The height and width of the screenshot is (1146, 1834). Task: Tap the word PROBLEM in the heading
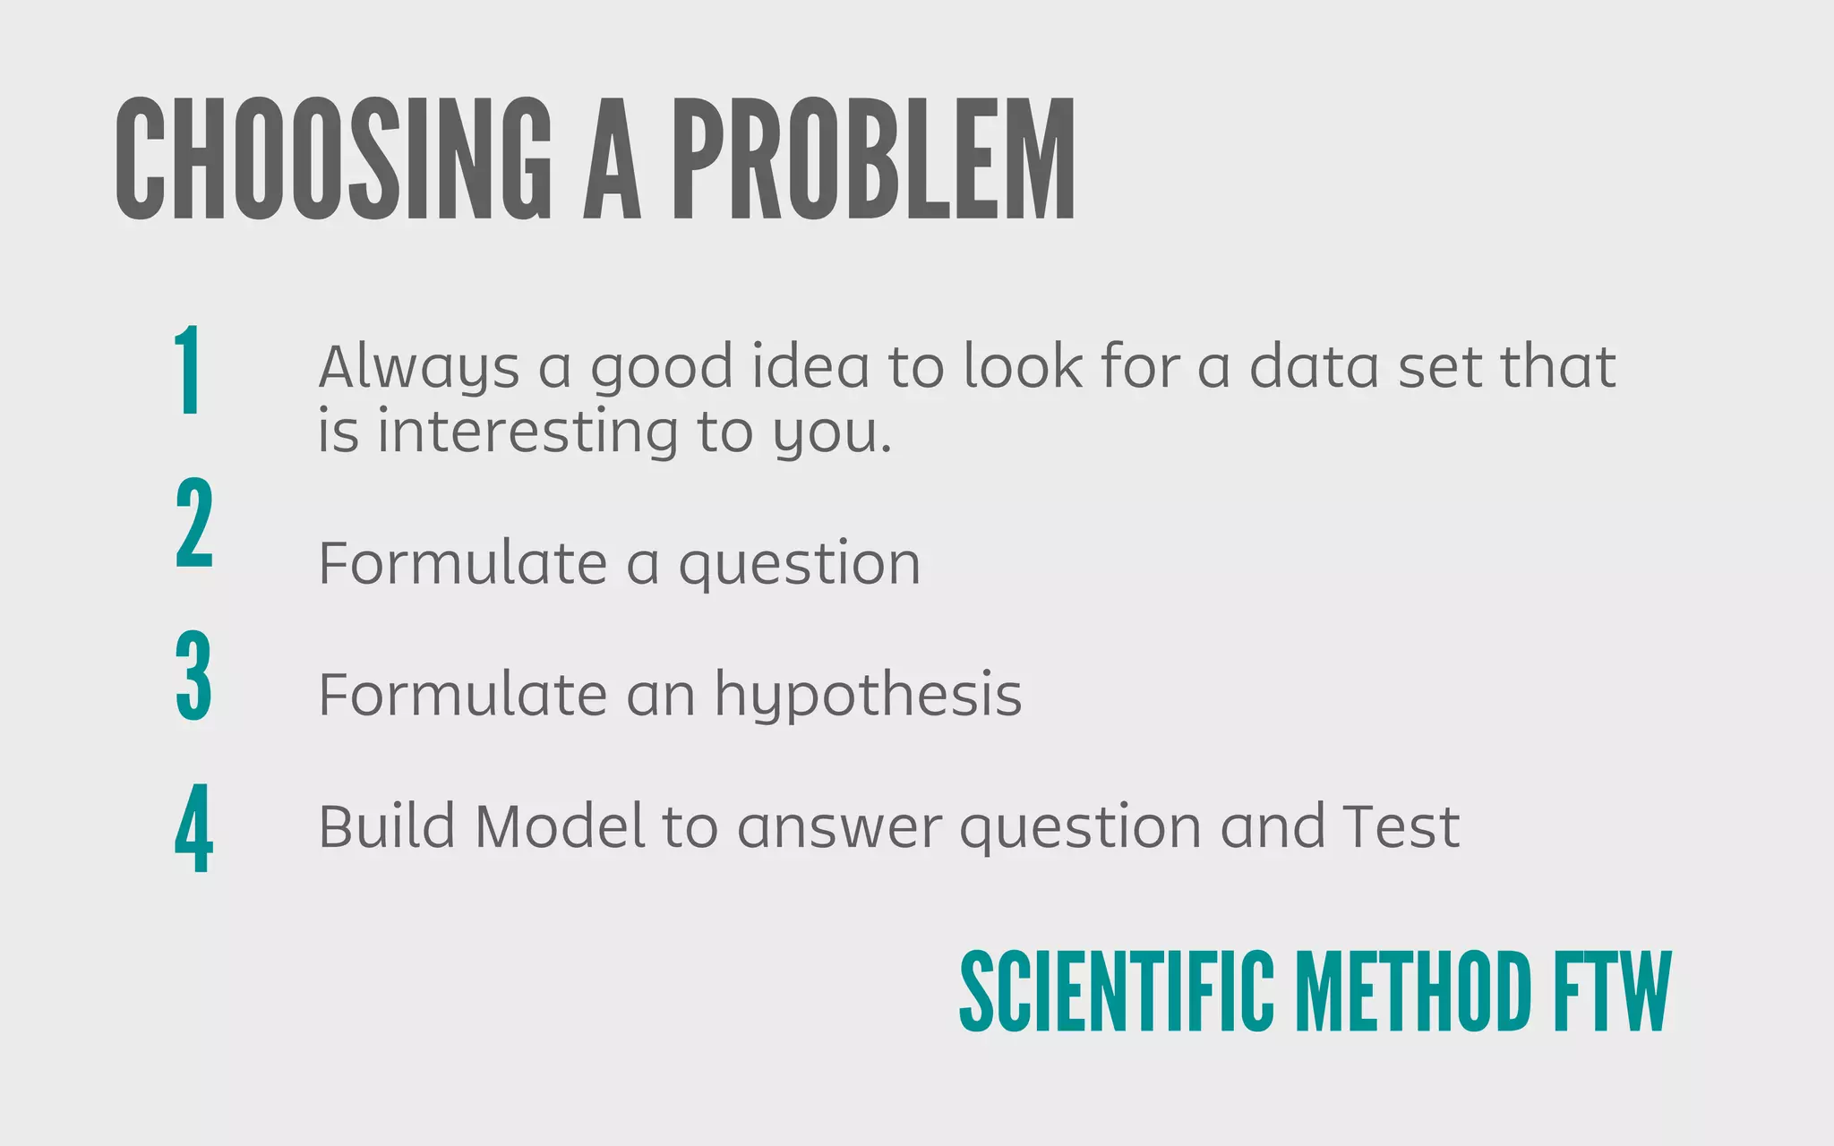tap(874, 159)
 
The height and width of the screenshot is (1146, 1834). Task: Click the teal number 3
tap(193, 676)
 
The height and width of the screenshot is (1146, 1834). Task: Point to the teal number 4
tap(194, 828)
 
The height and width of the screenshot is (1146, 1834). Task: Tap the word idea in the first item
tap(810, 366)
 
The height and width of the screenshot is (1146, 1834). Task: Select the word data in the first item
tap(1314, 366)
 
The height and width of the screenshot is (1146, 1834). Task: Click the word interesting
tap(527, 432)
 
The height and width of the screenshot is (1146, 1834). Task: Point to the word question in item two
tap(799, 565)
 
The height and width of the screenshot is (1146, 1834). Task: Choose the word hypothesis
tap(868, 696)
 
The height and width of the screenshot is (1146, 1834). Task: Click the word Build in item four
tap(386, 825)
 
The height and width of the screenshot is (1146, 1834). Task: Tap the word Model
tap(559, 825)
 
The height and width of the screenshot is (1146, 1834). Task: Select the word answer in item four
tap(839, 827)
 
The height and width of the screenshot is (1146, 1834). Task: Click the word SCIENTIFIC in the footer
tap(1116, 991)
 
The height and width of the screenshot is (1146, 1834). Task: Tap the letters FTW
tap(1612, 991)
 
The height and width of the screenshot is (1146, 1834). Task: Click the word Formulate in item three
tap(462, 695)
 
